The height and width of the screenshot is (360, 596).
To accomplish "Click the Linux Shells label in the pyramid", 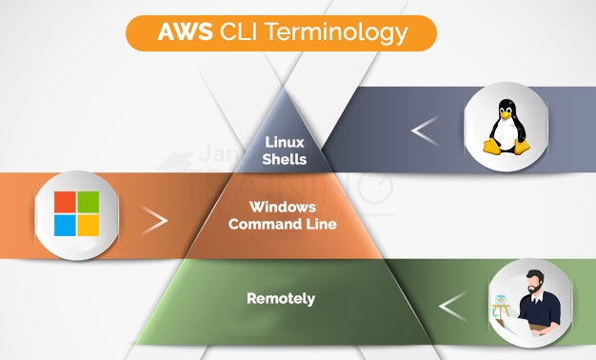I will pos(284,150).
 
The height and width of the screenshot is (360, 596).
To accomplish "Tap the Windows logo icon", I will pos(76,214).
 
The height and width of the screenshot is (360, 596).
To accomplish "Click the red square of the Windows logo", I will pos(65,203).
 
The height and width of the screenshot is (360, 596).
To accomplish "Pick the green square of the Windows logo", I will pos(89,203).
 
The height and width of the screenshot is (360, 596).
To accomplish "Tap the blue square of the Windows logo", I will pos(65,226).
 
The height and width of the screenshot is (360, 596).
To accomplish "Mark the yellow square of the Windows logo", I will pos(89,226).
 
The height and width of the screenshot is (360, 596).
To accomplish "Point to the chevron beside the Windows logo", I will pos(155,221).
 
